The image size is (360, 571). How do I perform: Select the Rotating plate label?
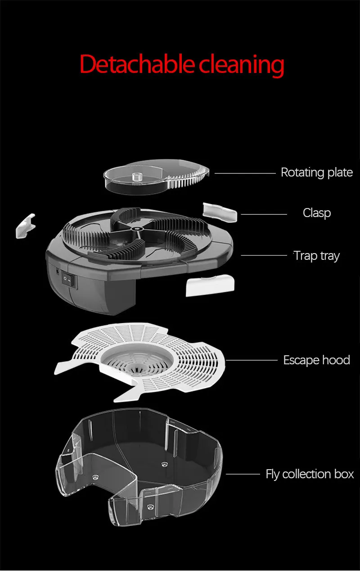[316, 172]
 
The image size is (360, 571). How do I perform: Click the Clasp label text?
[316, 213]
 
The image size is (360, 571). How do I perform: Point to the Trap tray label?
[317, 256]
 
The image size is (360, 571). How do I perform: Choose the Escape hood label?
[316, 360]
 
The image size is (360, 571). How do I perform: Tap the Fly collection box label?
[310, 474]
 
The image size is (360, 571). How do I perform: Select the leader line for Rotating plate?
[245, 172]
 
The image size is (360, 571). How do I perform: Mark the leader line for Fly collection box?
[243, 474]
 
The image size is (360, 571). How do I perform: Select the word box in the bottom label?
[344, 474]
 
